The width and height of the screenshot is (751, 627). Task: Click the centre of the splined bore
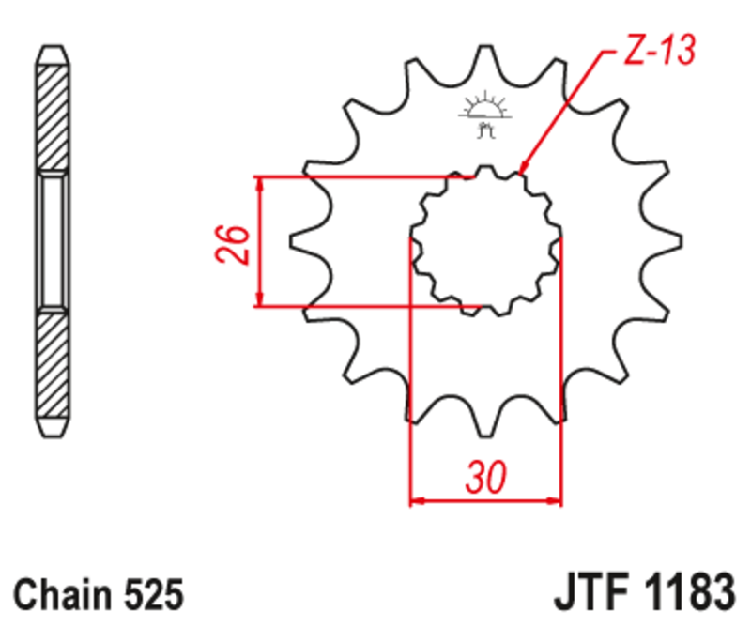[485, 240]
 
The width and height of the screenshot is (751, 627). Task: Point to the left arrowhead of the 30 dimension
[417, 501]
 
